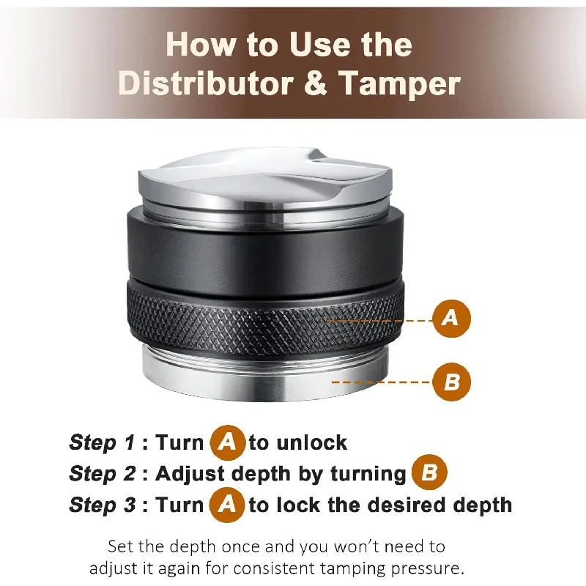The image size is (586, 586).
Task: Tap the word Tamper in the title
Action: (399, 84)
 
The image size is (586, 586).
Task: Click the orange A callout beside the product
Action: (451, 319)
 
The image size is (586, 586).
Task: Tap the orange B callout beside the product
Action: (451, 382)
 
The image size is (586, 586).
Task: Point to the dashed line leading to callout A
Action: (379, 321)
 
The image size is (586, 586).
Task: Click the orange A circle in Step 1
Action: (228, 442)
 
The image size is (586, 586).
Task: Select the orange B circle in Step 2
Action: (429, 472)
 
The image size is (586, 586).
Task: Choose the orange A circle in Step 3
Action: (227, 505)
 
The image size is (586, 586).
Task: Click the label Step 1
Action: (102, 443)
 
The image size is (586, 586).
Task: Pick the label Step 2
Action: (103, 474)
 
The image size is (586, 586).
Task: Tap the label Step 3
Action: (103, 505)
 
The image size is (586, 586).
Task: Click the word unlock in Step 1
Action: (312, 443)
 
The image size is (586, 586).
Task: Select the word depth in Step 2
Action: (262, 475)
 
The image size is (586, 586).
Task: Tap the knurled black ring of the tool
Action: (265, 321)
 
